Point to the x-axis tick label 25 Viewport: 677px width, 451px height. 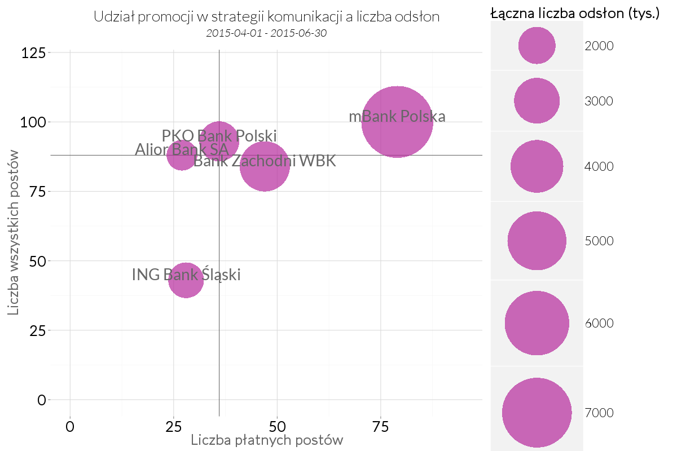(x=173, y=426)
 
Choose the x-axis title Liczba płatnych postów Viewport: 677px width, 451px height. (x=267, y=440)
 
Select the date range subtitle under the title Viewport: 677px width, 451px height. (x=267, y=33)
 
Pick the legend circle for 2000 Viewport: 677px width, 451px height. (x=537, y=46)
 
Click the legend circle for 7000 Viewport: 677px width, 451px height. (x=537, y=413)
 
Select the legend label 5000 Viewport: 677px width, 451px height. (x=599, y=241)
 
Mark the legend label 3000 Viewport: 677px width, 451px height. (x=599, y=101)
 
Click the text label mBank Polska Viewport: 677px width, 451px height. (x=397, y=117)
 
